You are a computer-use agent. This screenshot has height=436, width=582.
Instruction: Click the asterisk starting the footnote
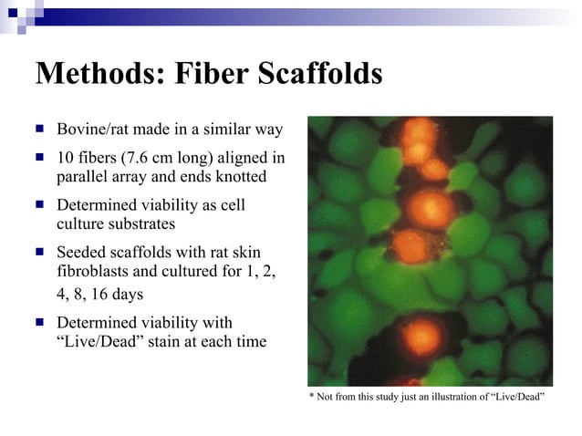coord(311,396)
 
